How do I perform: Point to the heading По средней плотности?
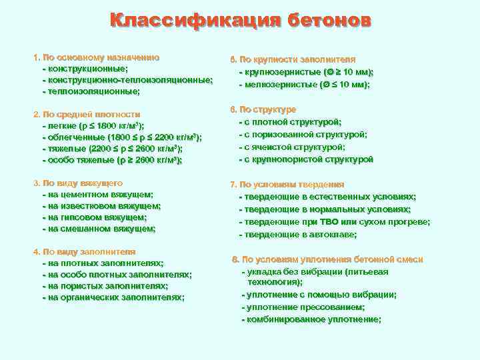tap(91, 114)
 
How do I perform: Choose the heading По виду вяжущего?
tap(82, 183)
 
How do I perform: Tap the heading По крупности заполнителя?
tap(297, 59)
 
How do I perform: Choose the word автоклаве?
tap(331, 234)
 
